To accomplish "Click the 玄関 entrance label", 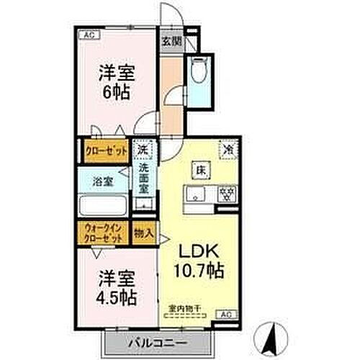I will click(170, 42).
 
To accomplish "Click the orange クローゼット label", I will click(104, 151).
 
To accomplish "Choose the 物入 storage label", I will click(144, 233).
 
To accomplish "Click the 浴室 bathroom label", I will click(102, 182).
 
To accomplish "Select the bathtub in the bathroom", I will click(103, 208).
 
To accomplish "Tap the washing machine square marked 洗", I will click(143, 150).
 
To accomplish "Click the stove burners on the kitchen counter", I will click(227, 194).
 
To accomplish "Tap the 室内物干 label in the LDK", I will click(185, 310).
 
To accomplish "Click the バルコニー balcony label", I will click(159, 341).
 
